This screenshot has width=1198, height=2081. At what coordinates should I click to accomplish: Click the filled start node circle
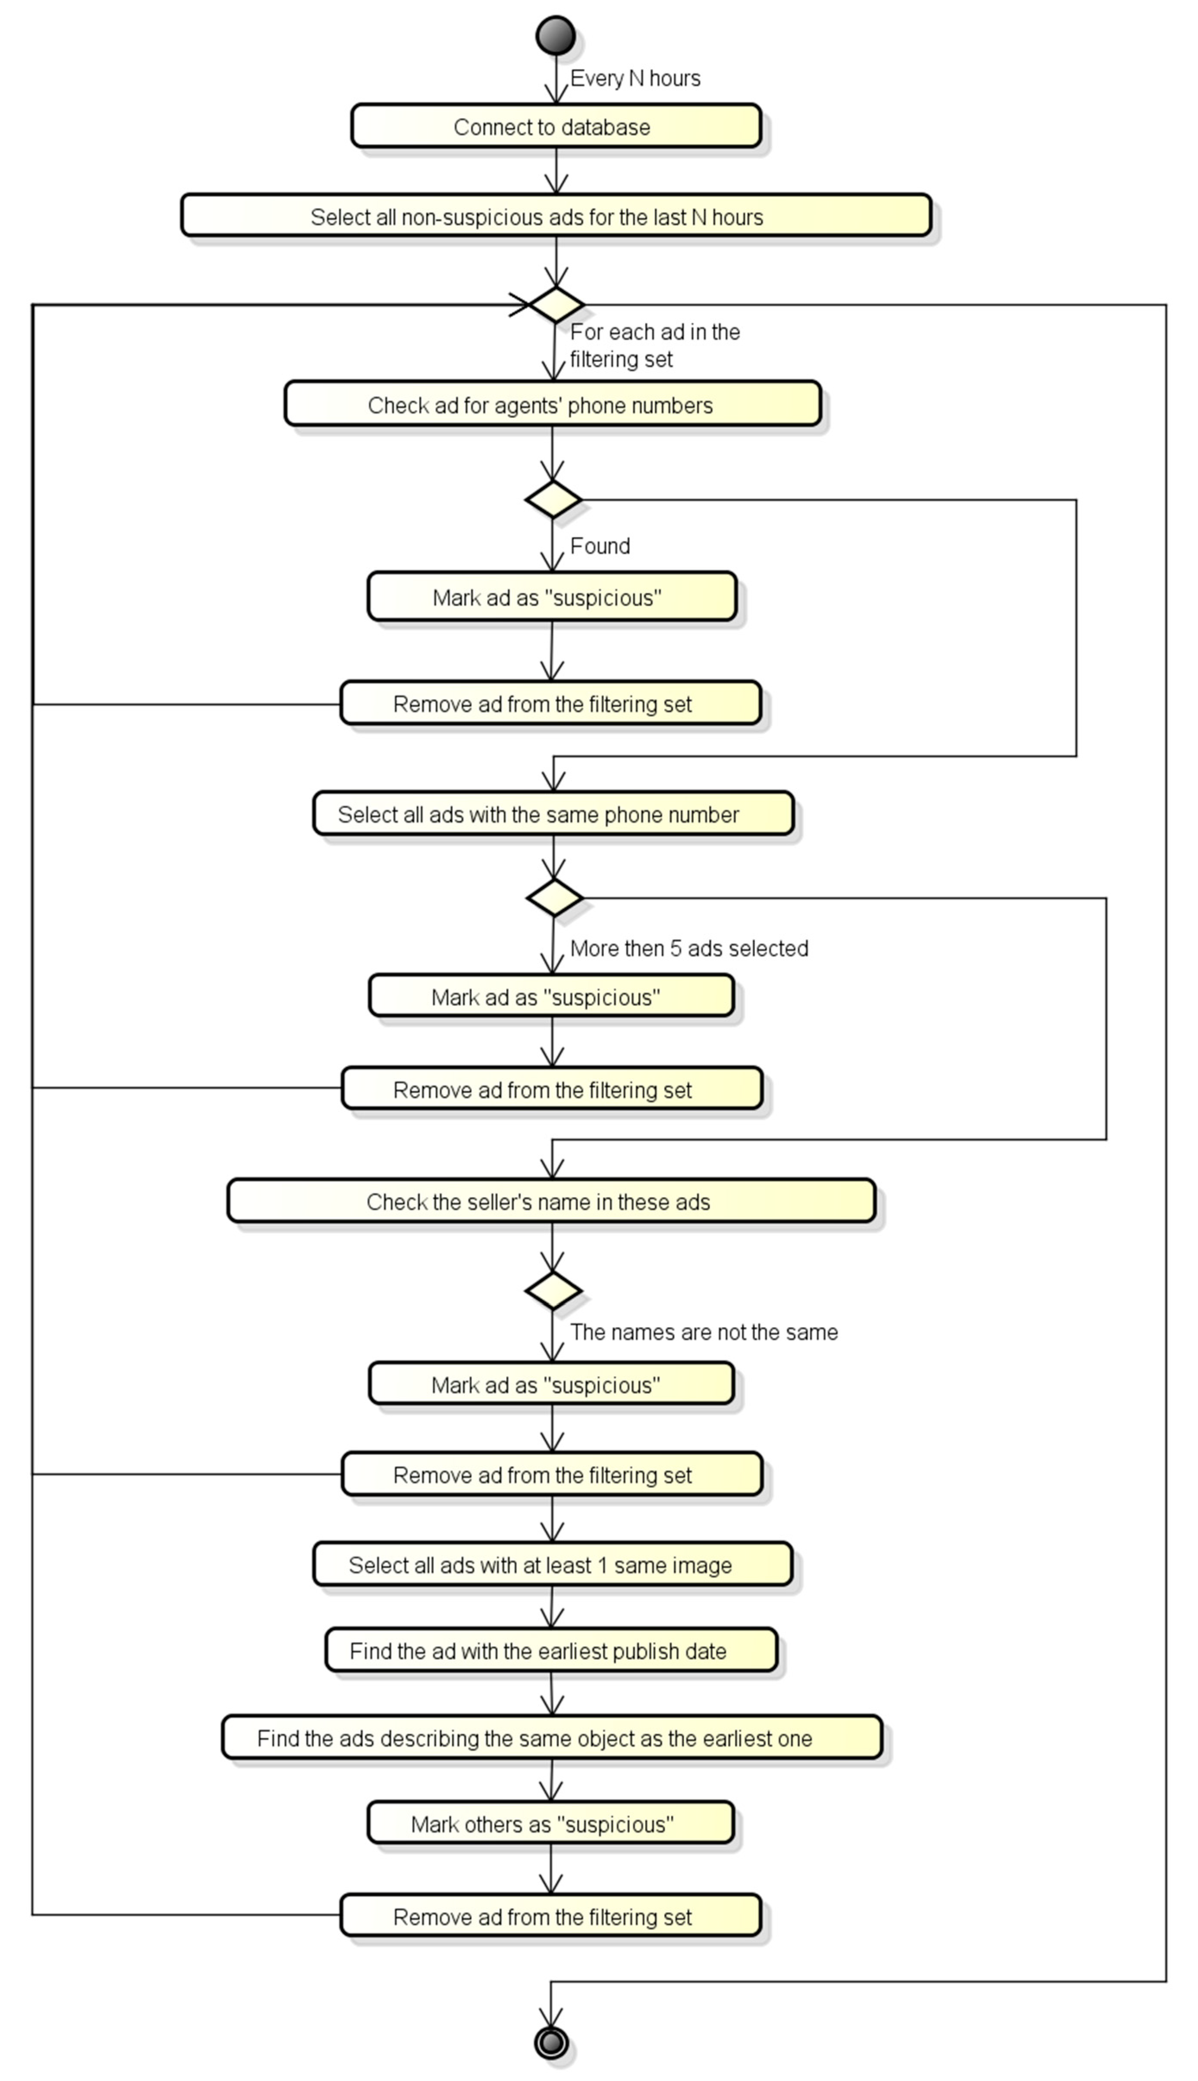[x=555, y=35]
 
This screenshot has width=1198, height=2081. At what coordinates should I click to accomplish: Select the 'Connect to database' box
[x=555, y=127]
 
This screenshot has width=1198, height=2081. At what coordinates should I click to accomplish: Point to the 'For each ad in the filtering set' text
[x=654, y=346]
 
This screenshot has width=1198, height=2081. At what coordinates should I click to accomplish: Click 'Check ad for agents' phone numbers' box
[x=552, y=405]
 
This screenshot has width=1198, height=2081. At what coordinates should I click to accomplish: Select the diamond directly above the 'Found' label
[x=553, y=499]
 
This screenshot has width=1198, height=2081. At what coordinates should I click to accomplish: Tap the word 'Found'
[x=600, y=546]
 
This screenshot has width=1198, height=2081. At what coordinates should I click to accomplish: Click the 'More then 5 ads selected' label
[x=689, y=949]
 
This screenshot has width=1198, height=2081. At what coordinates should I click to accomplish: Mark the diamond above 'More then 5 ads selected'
[x=554, y=898]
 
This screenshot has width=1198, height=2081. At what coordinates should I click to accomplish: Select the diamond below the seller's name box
[x=553, y=1290]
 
